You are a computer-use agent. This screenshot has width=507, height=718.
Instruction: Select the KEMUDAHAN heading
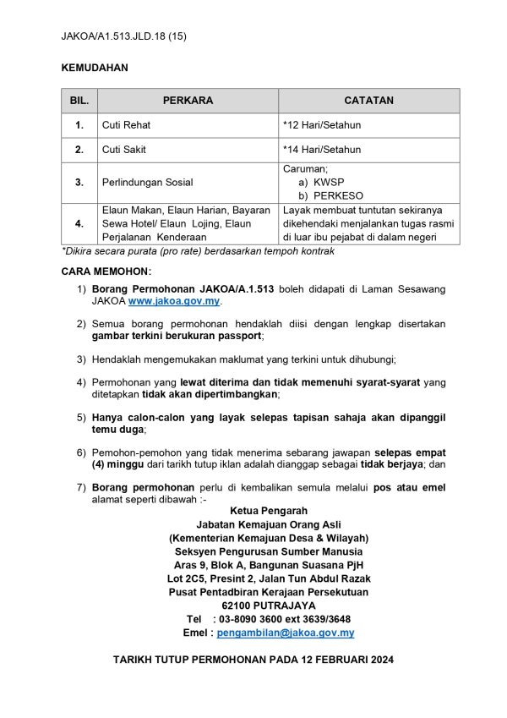(95, 66)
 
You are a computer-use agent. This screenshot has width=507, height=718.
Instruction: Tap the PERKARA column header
(188, 101)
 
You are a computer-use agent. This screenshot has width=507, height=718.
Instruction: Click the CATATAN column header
(369, 101)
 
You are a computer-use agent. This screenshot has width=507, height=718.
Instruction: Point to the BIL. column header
(79, 101)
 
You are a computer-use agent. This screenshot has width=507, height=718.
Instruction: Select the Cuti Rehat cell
(127, 125)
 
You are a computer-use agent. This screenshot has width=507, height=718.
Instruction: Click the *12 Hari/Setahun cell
(322, 125)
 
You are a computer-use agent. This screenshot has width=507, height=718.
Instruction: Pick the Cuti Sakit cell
(126, 150)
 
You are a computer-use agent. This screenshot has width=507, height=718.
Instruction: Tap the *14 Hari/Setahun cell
(322, 150)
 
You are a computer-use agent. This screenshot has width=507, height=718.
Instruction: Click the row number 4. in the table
(79, 223)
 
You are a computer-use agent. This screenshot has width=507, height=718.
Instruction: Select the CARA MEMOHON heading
(106, 271)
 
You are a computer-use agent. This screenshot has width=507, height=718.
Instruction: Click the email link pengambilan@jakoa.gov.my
(285, 633)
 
